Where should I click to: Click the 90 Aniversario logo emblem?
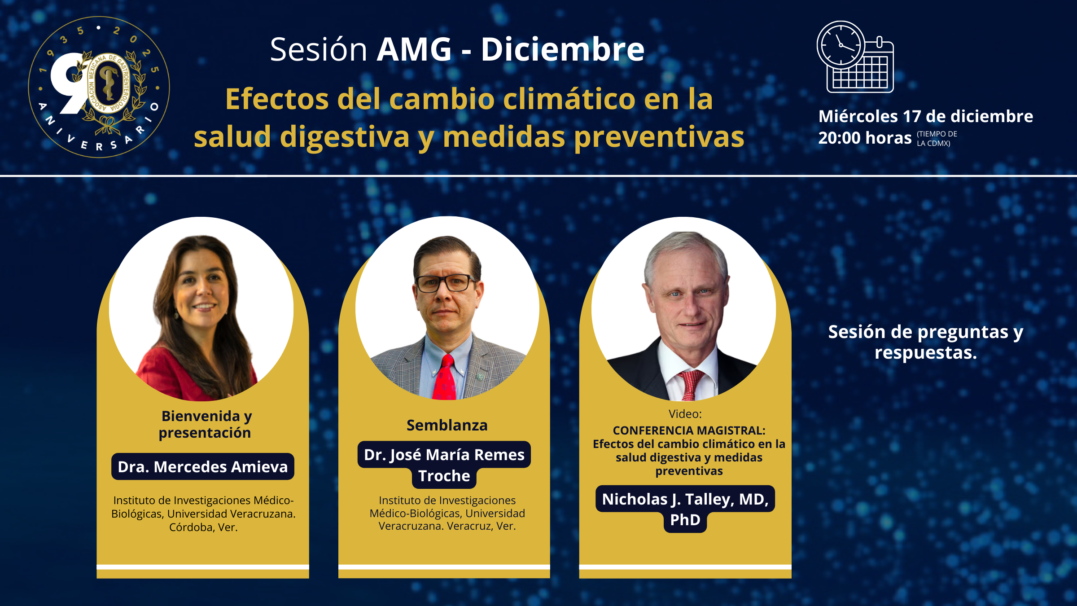pyautogui.click(x=99, y=87)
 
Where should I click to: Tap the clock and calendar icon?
pyautogui.click(x=855, y=57)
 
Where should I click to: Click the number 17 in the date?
pyautogui.click(x=912, y=116)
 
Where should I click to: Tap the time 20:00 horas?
pyautogui.click(x=865, y=138)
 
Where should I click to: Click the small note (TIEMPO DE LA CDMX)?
pyautogui.click(x=937, y=139)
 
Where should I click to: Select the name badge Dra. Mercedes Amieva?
pyautogui.click(x=203, y=467)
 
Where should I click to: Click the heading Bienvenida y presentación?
pyautogui.click(x=206, y=424)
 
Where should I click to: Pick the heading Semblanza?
pyautogui.click(x=447, y=425)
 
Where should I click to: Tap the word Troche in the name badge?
pyautogui.click(x=444, y=476)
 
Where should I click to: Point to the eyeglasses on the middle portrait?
pyautogui.click(x=446, y=283)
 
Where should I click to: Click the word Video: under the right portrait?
pyautogui.click(x=685, y=414)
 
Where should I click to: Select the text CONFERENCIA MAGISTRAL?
pyautogui.click(x=689, y=430)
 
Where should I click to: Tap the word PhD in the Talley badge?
pyautogui.click(x=685, y=520)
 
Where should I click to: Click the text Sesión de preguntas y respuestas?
pyautogui.click(x=926, y=342)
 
